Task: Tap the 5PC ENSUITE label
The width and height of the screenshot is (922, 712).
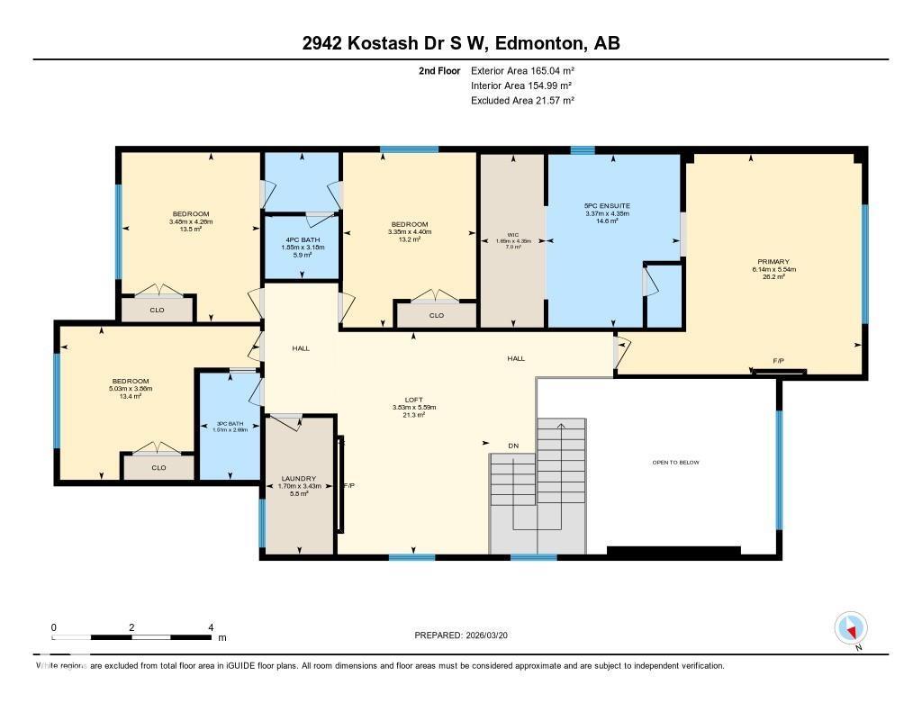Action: (607, 206)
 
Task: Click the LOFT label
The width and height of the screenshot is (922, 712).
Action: (413, 399)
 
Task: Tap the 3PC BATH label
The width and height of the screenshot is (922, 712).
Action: (230, 424)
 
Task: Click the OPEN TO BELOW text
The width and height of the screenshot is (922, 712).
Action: (675, 463)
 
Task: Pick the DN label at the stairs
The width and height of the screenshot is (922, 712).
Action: (513, 445)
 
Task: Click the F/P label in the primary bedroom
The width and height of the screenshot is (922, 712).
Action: (778, 361)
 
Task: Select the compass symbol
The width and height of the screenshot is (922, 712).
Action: (851, 627)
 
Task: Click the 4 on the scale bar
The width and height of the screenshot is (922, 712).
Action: (210, 627)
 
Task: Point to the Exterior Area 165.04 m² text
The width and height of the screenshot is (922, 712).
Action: (522, 70)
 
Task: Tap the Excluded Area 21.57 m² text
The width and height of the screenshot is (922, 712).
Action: (522, 101)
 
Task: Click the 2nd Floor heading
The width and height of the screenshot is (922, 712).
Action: (439, 70)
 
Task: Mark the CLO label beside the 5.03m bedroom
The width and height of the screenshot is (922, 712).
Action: (158, 467)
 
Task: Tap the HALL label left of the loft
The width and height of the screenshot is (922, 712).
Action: (301, 348)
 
